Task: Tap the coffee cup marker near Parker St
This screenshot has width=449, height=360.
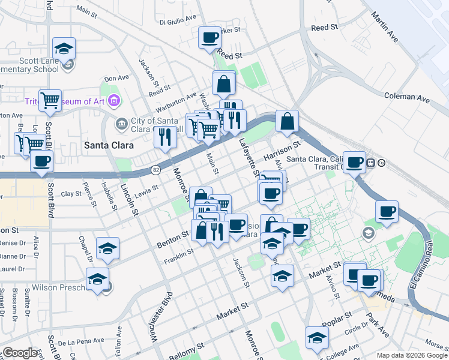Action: [209, 38]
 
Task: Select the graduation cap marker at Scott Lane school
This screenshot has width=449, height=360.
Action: [64, 48]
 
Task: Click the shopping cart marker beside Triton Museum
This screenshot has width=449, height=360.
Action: [50, 100]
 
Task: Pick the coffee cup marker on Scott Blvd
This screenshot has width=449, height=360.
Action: [41, 161]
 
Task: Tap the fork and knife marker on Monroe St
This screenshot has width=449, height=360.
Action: [165, 137]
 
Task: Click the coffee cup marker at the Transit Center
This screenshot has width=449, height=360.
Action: [354, 161]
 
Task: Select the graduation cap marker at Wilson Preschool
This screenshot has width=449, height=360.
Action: [97, 279]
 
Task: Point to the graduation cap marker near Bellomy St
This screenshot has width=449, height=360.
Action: [316, 337]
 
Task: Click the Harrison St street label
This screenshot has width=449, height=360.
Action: [280, 151]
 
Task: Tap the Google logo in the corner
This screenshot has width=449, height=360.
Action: [20, 352]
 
